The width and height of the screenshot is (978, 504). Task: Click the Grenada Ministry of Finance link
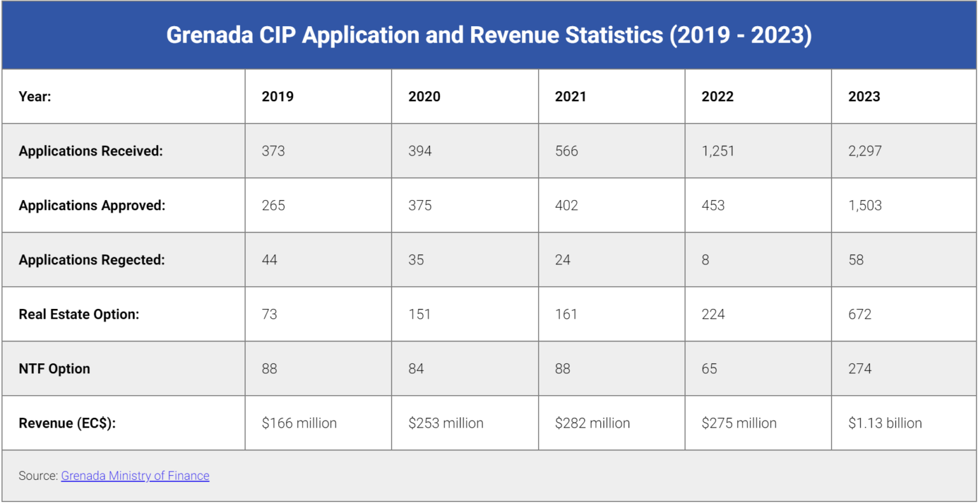click(x=135, y=476)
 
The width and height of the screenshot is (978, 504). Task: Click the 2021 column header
click(x=570, y=97)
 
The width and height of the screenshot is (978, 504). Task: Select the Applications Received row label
click(x=90, y=151)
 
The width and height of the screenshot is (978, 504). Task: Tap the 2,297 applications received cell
click(x=865, y=151)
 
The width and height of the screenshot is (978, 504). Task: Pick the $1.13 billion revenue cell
click(x=884, y=423)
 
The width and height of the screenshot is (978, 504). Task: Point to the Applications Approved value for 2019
click(x=273, y=206)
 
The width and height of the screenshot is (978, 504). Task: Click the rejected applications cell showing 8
click(x=705, y=260)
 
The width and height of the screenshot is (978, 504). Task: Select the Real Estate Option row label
click(x=79, y=314)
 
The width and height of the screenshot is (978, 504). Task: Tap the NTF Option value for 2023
click(x=860, y=369)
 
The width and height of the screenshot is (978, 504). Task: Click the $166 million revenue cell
click(x=299, y=423)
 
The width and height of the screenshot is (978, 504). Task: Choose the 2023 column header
click(x=864, y=97)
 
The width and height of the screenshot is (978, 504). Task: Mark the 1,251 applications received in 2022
click(x=718, y=151)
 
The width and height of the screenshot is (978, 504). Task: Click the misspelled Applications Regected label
click(x=92, y=260)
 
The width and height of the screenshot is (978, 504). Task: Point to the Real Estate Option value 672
click(x=860, y=314)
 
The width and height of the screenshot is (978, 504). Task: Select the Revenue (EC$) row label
click(x=67, y=423)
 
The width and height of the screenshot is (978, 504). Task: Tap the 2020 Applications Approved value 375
click(x=420, y=206)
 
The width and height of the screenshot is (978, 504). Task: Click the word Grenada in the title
click(x=209, y=35)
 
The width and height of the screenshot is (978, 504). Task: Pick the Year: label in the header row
click(x=35, y=97)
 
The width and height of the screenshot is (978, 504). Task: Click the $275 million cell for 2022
click(x=739, y=423)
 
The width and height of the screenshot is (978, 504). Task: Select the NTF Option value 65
click(x=709, y=369)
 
